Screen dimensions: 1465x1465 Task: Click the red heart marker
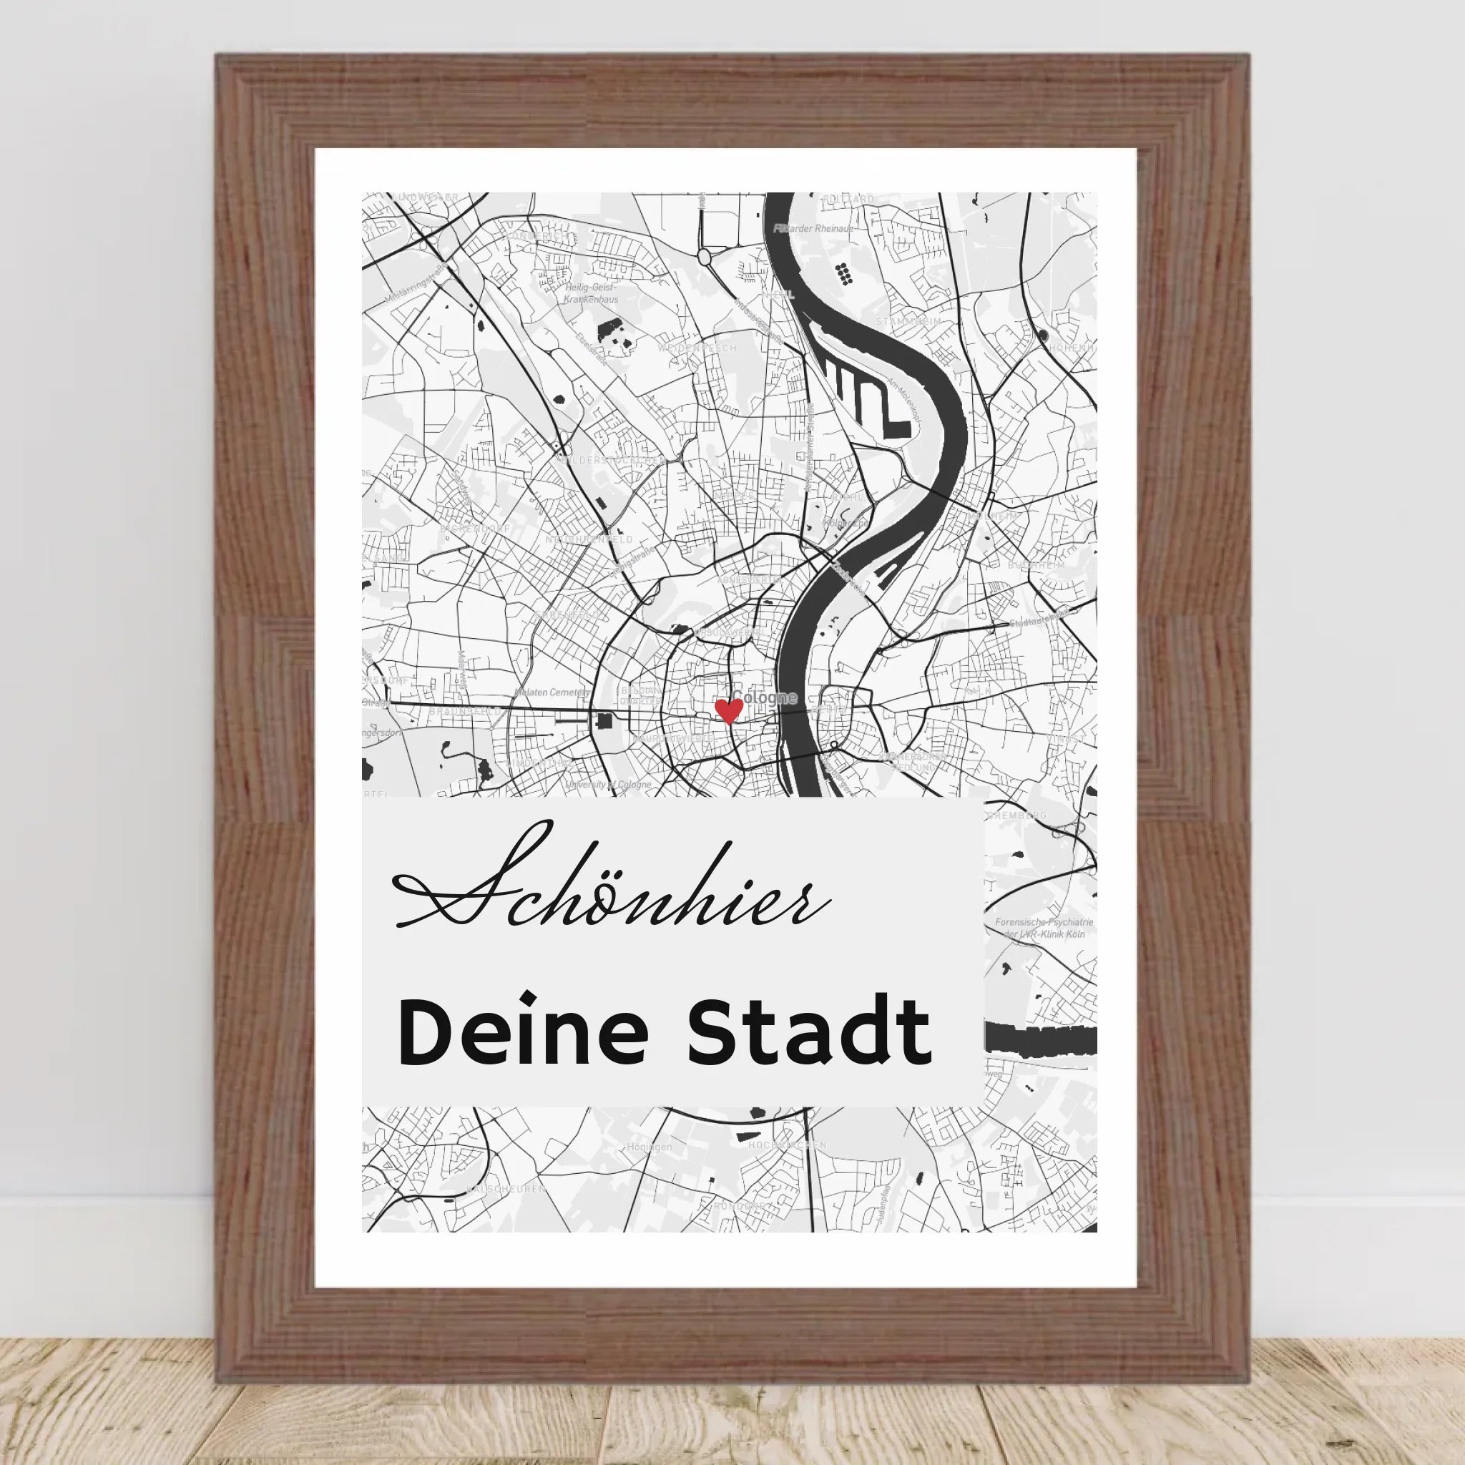point(729,710)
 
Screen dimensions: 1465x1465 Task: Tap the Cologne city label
point(765,697)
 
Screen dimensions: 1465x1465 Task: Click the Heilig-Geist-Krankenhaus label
point(591,293)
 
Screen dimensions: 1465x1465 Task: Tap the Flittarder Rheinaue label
point(813,228)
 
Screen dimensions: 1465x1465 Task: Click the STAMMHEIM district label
point(908,321)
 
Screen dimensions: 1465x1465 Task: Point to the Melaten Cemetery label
point(552,692)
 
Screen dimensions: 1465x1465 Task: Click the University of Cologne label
point(608,785)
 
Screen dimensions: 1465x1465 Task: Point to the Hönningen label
point(649,1147)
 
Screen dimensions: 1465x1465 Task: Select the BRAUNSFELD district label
point(465,712)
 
